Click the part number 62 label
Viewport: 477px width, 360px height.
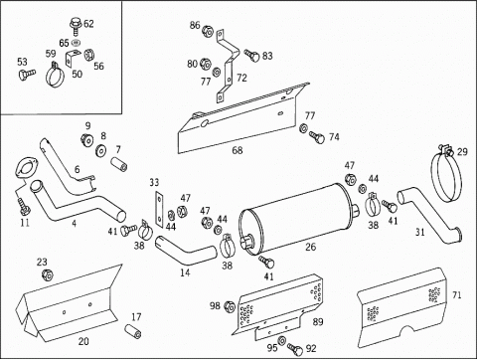click(88, 24)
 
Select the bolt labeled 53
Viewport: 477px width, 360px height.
click(27, 74)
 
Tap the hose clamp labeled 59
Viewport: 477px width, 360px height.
click(55, 75)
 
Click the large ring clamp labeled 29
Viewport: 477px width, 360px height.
click(446, 174)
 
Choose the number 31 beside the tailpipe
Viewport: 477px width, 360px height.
click(420, 232)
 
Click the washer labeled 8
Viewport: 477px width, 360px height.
click(100, 151)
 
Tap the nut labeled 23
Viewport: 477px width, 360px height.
click(48, 274)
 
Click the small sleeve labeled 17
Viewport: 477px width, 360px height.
click(133, 331)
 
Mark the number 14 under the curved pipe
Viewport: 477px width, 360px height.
click(185, 272)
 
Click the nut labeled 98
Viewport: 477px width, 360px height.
click(230, 307)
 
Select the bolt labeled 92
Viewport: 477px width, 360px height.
click(295, 349)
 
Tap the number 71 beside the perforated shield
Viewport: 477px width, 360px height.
click(457, 294)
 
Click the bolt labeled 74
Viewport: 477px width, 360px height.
click(317, 137)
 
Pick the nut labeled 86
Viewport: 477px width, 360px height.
click(207, 31)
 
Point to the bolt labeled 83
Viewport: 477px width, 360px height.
click(252, 56)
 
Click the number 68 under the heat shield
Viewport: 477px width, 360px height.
click(238, 150)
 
